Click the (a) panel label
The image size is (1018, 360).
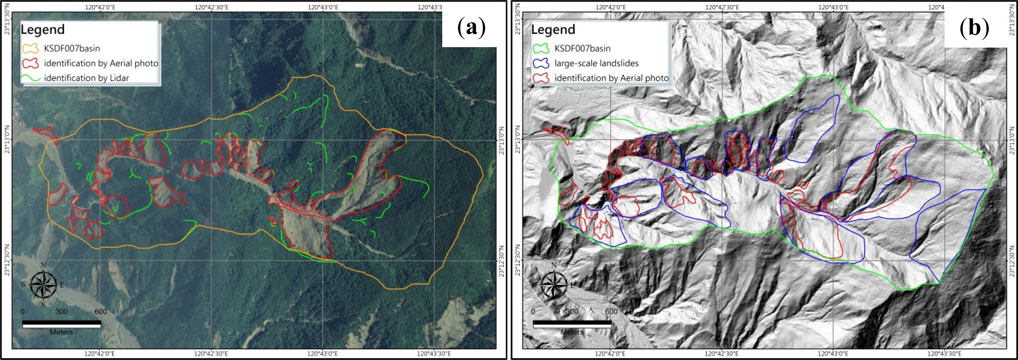[471, 28]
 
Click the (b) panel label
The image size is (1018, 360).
[974, 28]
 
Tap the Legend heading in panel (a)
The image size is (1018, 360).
[43, 30]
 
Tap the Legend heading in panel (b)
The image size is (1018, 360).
[553, 30]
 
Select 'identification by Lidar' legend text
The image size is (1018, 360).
[87, 78]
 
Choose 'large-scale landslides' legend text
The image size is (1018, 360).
[596, 63]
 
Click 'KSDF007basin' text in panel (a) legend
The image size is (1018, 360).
[72, 49]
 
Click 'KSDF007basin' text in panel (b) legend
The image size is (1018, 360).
[583, 49]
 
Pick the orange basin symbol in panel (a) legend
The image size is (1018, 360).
[30, 49]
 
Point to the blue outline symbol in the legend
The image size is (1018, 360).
[541, 63]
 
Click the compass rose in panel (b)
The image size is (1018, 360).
[554, 285]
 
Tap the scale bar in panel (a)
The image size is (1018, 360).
[62, 324]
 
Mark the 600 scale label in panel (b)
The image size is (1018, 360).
[611, 312]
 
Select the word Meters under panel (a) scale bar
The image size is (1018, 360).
[62, 332]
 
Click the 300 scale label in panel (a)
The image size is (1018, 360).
[62, 312]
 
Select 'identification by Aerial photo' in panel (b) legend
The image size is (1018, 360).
[611, 78]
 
